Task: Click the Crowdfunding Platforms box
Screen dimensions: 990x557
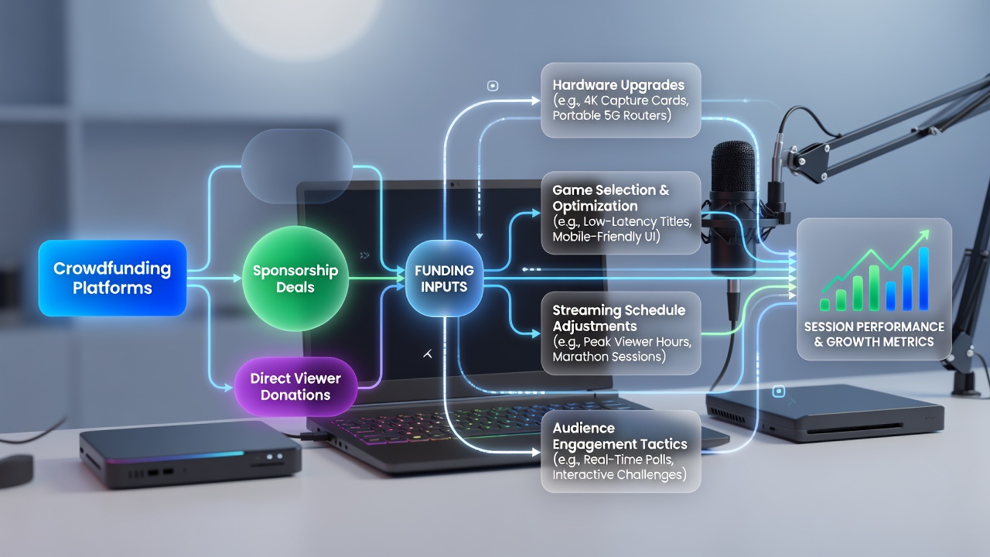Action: coord(113,278)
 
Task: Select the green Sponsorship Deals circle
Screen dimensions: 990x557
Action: coord(295,278)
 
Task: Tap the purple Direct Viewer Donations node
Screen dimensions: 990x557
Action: coord(295,387)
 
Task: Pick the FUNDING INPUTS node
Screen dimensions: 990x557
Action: coord(444,278)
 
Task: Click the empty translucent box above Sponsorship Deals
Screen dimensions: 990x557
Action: coord(297,166)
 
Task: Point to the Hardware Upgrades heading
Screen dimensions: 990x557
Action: coord(618,85)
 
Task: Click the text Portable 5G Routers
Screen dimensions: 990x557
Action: coord(612,115)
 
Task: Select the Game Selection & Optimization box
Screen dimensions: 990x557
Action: coord(621,213)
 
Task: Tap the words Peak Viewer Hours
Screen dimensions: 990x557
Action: coord(637,342)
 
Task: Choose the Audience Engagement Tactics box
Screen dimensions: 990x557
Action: coord(621,451)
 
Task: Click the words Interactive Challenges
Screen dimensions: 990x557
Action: coord(620,475)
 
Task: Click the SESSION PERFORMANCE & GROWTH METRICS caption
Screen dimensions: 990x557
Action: coord(874,334)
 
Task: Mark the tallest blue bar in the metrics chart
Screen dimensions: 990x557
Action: coord(923,279)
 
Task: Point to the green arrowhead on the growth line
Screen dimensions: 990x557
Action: coord(923,236)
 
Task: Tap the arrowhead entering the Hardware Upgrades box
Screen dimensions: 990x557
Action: coord(536,101)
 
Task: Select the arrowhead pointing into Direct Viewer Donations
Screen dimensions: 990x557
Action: coord(228,388)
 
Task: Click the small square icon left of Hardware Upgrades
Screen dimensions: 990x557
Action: coord(493,86)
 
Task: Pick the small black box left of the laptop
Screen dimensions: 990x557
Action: coord(190,454)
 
